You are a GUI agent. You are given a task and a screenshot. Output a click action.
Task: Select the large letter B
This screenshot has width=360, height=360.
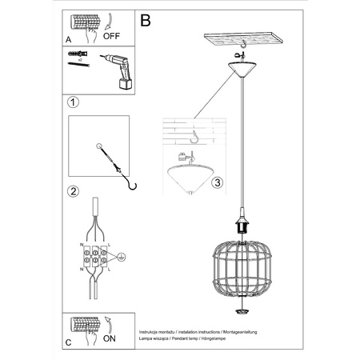[146, 21]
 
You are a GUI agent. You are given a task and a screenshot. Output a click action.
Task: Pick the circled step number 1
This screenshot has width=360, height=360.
[74, 103]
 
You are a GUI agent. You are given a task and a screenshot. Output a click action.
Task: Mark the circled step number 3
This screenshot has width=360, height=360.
[217, 182]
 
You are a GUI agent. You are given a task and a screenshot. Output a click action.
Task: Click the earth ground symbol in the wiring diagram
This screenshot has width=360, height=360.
[122, 257]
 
